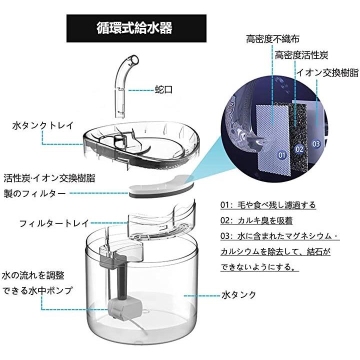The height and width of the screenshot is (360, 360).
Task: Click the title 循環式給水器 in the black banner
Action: pos(134,28)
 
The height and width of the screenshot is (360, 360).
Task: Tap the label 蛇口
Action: pos(163,89)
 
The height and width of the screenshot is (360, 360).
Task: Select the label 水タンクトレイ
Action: pos(43,125)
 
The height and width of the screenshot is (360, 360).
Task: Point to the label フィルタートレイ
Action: pos(54,223)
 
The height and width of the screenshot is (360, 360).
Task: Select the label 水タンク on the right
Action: pos(239,294)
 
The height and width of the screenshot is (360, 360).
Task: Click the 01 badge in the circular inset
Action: pos(282,155)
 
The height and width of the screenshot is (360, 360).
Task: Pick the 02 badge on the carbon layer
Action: pos(299,149)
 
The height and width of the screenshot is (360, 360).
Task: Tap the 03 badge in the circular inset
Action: pos(316,144)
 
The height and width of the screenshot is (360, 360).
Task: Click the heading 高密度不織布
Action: pos(273,39)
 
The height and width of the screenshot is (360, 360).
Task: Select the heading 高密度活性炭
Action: pos(301,55)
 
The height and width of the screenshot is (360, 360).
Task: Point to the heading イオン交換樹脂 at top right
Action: pos(327,73)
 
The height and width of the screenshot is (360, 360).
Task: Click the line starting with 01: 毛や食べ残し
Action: pos(268,204)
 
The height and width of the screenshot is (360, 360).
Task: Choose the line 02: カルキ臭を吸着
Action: pos(256,220)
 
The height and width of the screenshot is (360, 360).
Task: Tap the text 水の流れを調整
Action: pos(33,275)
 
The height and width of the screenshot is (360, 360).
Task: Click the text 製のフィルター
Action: pos(34,194)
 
